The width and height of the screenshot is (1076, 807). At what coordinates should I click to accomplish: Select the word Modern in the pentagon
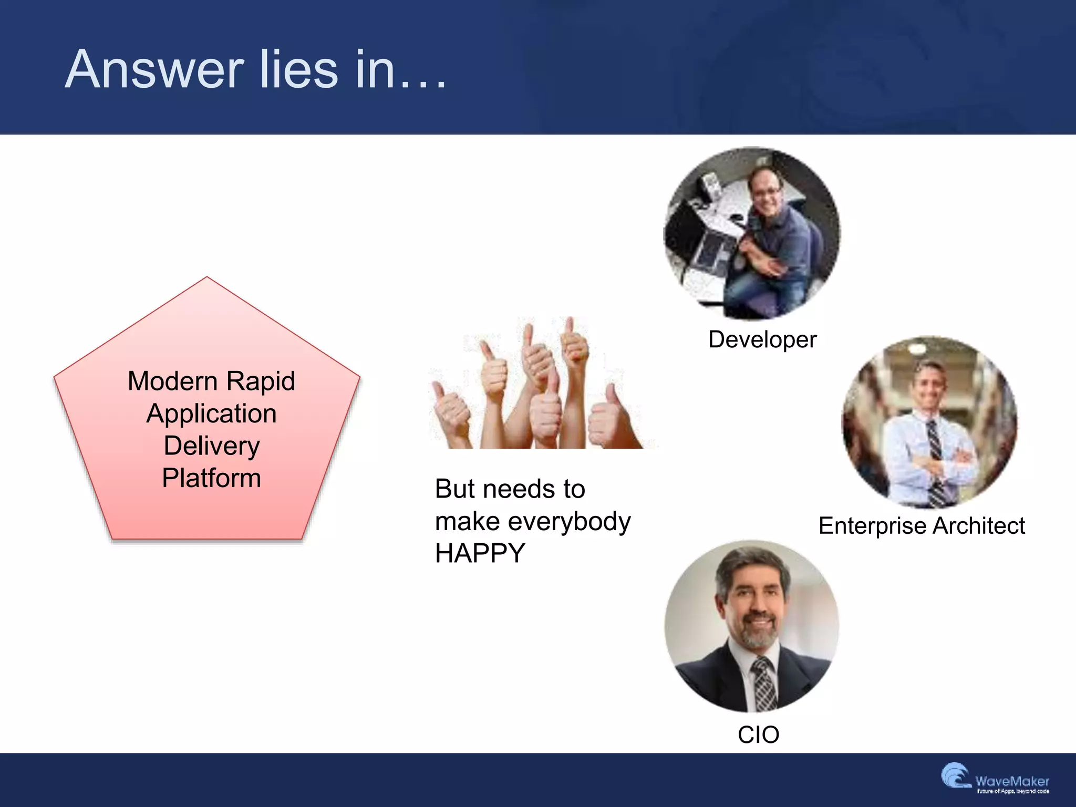coord(172,381)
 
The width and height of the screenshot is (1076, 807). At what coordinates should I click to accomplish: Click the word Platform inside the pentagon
coord(211,478)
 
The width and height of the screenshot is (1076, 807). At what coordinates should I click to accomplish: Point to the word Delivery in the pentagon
coord(211,446)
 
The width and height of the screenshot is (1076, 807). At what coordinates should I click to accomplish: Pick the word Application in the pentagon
coord(211,413)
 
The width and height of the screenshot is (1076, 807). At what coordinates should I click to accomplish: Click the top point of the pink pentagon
coord(207,278)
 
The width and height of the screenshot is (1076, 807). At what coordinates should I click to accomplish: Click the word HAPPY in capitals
coord(480,553)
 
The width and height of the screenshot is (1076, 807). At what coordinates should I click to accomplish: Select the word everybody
coord(570,521)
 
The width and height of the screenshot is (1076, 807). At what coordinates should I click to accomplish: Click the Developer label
coord(762,339)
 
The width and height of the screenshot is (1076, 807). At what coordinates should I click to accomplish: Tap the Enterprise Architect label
coord(922,526)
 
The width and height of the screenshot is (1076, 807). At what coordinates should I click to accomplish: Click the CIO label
coord(758,734)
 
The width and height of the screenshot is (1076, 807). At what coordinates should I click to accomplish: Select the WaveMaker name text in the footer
coord(1012,781)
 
